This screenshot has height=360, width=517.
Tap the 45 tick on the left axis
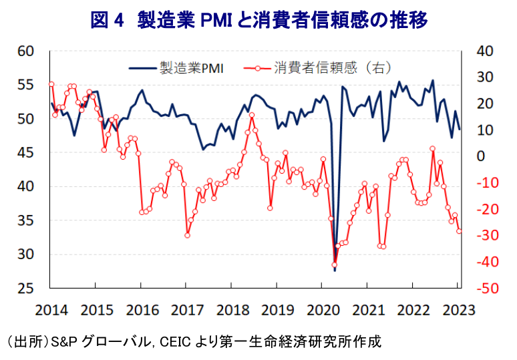26,153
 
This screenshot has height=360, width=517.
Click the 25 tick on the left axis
26,289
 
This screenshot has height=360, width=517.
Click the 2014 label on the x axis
50,309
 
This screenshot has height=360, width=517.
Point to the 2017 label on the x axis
186,309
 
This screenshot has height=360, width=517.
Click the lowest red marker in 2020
335,264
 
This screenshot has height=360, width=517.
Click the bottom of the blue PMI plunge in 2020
335,270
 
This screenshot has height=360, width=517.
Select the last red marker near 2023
460,231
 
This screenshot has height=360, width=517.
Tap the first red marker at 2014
51,84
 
